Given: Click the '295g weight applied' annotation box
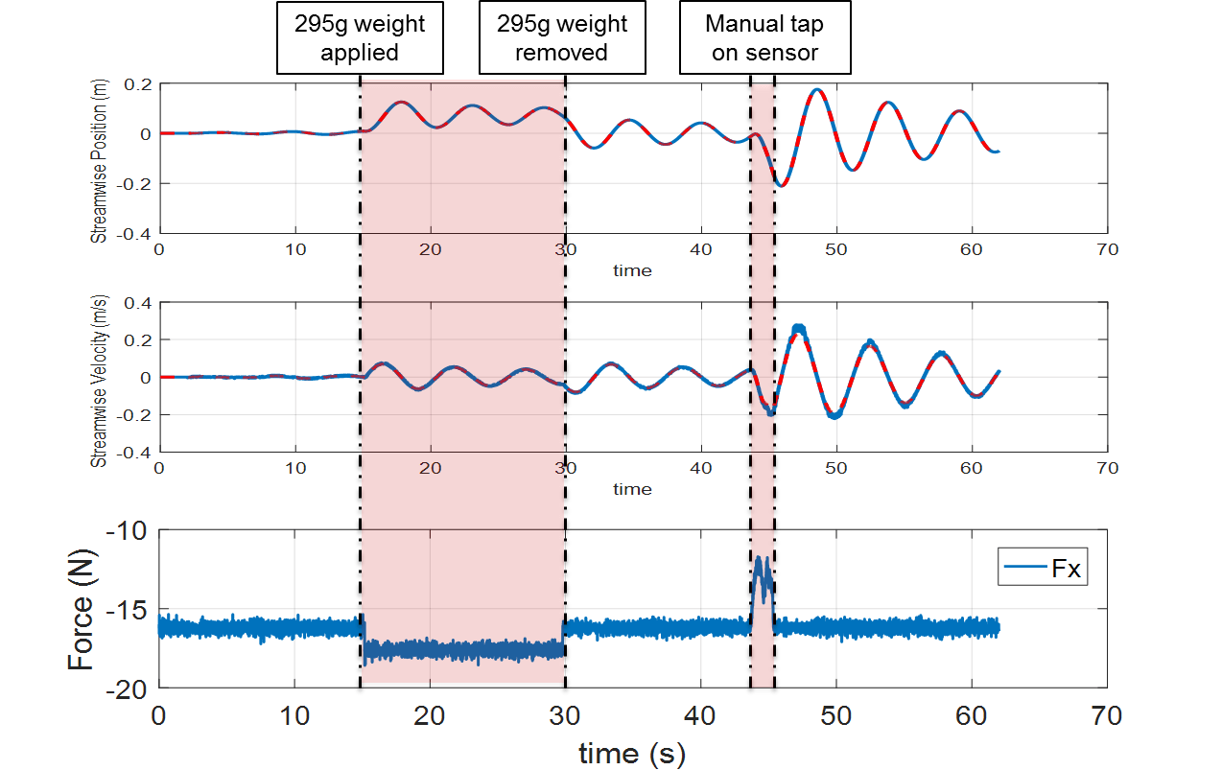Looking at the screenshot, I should (360, 38).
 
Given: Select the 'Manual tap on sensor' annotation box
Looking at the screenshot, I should (764, 38).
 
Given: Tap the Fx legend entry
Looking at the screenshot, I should (1042, 569).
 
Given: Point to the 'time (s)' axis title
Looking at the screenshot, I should (632, 754).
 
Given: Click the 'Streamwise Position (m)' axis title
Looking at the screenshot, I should (100, 159).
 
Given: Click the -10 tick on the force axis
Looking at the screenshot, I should (129, 530).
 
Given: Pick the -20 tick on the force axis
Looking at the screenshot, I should (129, 688).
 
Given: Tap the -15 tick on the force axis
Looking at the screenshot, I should (129, 610).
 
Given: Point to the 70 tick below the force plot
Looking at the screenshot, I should (1107, 715).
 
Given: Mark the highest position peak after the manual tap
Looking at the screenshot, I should (817, 90).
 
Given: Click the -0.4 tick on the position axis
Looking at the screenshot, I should (134, 233).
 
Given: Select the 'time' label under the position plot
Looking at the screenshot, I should (632, 270).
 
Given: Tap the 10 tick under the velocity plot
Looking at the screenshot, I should (295, 468).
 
